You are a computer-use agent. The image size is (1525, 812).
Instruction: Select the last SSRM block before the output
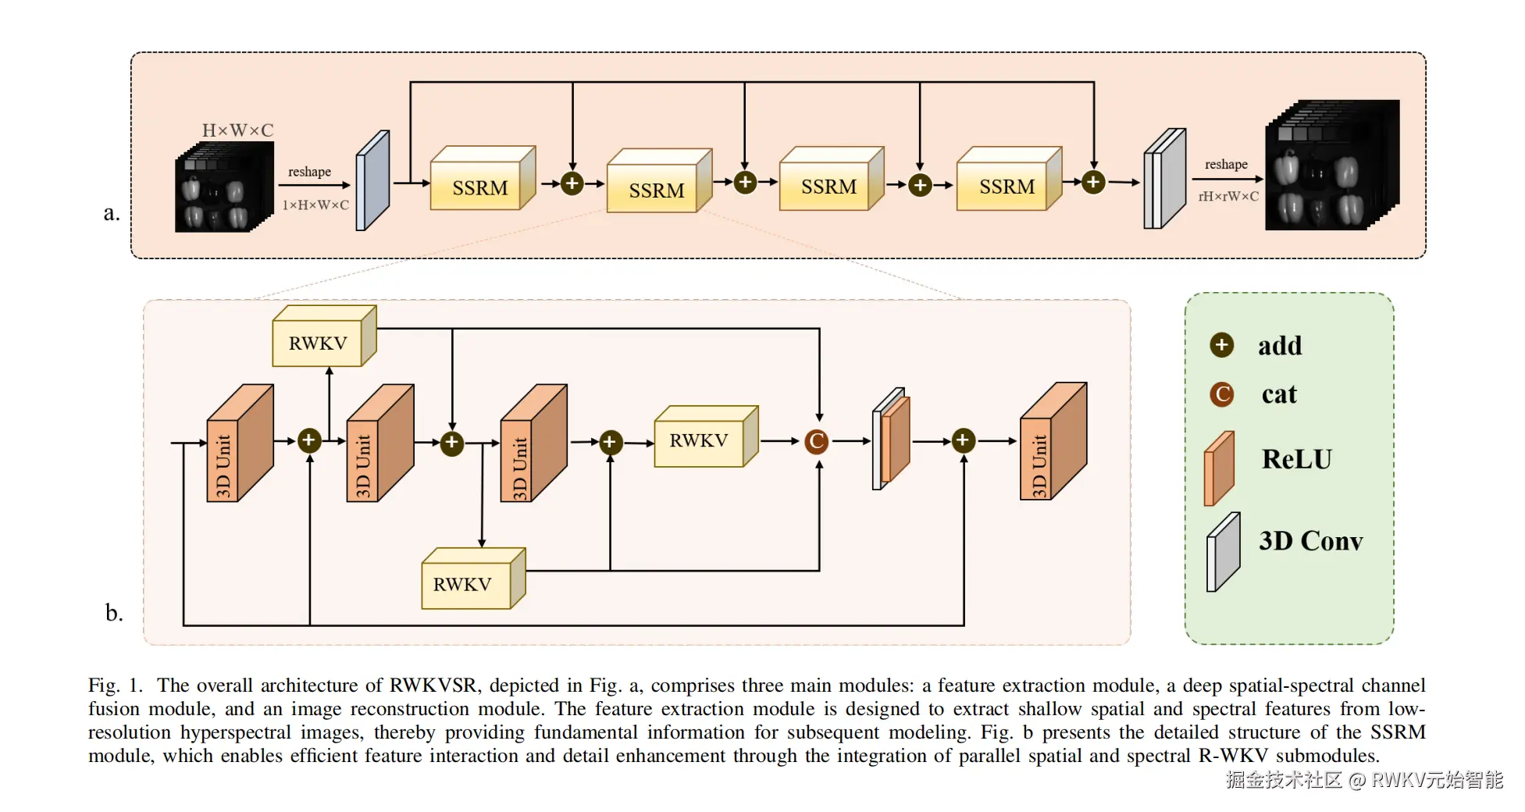pyautogui.click(x=1006, y=186)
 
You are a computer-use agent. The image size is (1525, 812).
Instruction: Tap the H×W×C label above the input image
pyautogui.click(x=237, y=130)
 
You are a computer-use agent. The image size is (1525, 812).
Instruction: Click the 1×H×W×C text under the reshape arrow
pyautogui.click(x=315, y=205)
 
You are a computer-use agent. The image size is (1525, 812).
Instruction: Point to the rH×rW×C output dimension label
pyautogui.click(x=1228, y=197)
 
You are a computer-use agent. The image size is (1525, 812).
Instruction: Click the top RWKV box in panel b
pyautogui.click(x=318, y=343)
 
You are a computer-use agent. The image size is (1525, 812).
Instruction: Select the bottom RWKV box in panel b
pyautogui.click(x=462, y=584)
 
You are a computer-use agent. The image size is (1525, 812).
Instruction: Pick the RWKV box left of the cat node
pyautogui.click(x=699, y=440)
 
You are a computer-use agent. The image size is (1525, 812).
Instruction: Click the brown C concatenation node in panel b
pyautogui.click(x=817, y=441)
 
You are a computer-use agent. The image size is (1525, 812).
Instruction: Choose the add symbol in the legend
pyautogui.click(x=1222, y=345)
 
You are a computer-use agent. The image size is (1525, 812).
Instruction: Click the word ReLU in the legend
pyautogui.click(x=1296, y=459)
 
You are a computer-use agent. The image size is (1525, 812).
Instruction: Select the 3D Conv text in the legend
pyautogui.click(x=1310, y=541)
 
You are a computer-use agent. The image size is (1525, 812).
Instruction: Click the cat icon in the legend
pyautogui.click(x=1222, y=394)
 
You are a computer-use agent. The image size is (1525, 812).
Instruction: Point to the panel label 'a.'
pyautogui.click(x=112, y=212)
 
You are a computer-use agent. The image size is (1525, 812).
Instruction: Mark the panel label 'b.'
pyautogui.click(x=114, y=613)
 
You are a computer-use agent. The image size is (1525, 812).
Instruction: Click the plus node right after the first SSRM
pyautogui.click(x=572, y=183)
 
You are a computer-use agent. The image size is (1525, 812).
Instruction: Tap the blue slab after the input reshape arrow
pyautogui.click(x=372, y=181)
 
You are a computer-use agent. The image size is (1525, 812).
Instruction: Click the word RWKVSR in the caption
pyautogui.click(x=433, y=686)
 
